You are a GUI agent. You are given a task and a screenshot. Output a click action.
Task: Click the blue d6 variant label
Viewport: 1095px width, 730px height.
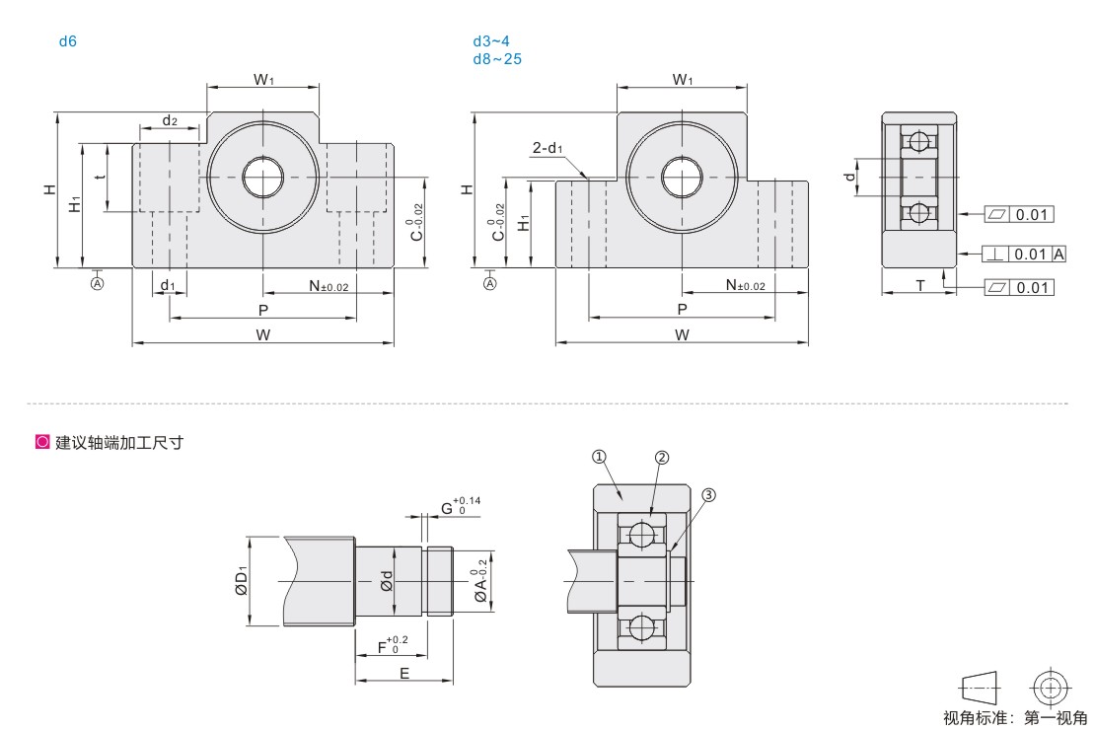[x=68, y=41]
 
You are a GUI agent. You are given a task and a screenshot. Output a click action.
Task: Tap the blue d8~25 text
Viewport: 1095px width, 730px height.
[x=497, y=59]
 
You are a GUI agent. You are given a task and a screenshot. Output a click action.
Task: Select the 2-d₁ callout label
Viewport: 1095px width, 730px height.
[x=547, y=147]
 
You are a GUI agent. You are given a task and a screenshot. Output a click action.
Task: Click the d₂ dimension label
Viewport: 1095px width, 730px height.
[x=170, y=120]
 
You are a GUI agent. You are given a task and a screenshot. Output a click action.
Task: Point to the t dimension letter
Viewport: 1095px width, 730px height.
[x=101, y=177]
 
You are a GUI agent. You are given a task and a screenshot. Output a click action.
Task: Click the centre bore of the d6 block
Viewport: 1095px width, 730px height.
[x=263, y=178]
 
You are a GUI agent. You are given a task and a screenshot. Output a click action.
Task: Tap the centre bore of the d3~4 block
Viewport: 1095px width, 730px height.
[x=682, y=178]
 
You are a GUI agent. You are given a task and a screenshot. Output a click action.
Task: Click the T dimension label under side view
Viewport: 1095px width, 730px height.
[x=920, y=285]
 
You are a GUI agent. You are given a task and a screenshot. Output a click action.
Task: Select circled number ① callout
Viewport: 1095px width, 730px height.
[x=599, y=457]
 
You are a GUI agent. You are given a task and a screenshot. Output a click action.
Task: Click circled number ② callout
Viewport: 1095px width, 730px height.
[x=662, y=458]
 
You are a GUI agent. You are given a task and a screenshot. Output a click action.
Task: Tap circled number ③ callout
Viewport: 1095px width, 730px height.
[x=708, y=495]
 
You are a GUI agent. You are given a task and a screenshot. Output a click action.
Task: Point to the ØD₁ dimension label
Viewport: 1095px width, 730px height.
[x=242, y=580]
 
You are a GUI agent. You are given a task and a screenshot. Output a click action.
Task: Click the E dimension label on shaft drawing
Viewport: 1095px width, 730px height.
[x=404, y=674]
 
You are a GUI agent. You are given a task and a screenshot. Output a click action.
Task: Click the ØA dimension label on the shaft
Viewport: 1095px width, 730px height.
[x=480, y=580]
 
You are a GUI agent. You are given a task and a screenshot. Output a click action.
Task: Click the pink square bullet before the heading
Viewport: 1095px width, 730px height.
[x=42, y=442]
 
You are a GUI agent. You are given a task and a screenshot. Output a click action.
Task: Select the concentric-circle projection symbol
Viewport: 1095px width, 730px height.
[x=1051, y=689]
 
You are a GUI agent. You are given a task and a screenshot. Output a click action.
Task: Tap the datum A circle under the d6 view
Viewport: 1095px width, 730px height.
[x=97, y=283]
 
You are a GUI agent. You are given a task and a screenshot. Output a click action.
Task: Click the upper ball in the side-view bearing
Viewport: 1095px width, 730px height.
[x=919, y=141]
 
